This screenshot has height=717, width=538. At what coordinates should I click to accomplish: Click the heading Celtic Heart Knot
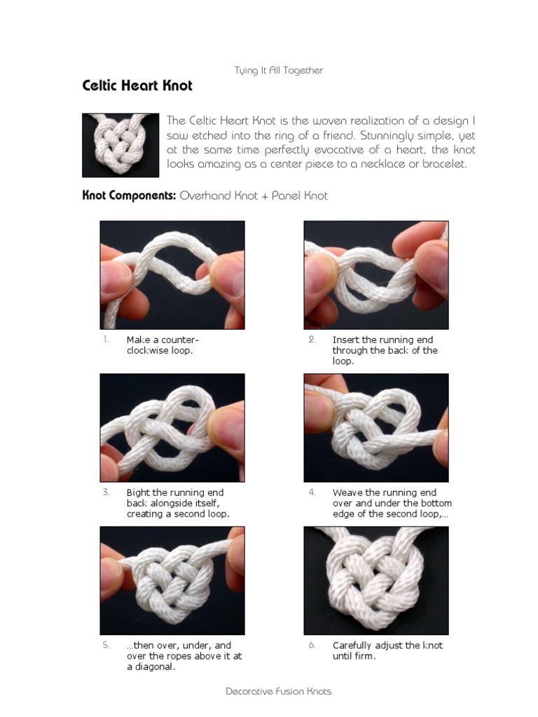[x=137, y=86]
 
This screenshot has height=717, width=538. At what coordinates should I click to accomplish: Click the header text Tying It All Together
[x=278, y=70]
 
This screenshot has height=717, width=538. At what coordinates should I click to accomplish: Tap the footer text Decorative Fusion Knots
[x=278, y=691]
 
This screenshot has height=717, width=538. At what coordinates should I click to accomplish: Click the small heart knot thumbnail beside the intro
[x=120, y=145]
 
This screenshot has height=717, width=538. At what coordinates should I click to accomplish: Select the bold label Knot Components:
[x=129, y=196]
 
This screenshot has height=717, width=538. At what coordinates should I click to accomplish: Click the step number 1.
[x=106, y=340]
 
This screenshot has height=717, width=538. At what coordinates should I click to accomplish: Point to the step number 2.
[x=312, y=340]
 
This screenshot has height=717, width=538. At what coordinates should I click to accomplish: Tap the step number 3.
[x=106, y=492]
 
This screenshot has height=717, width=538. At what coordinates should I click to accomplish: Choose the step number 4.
[x=312, y=492]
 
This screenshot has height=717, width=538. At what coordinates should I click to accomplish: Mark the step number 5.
[x=106, y=645]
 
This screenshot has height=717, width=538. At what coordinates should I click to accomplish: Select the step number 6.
[x=312, y=645]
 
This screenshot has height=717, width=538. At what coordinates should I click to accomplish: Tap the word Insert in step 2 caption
[x=346, y=340]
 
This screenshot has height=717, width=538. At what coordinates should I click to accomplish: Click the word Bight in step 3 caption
[x=139, y=493]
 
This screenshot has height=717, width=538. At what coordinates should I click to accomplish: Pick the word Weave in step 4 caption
[x=347, y=493]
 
